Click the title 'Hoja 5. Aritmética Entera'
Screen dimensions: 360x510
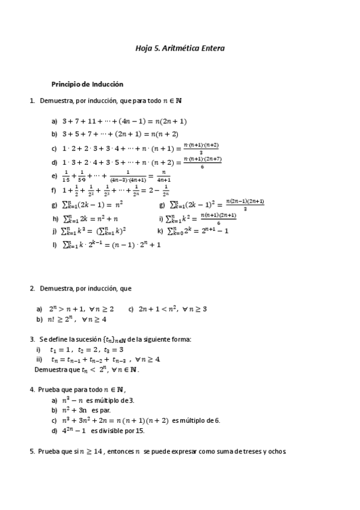tap(180, 48)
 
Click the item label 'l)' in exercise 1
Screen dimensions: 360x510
tap(55, 245)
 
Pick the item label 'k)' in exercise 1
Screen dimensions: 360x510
tap(160, 230)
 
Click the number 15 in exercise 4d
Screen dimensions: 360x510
tap(139, 431)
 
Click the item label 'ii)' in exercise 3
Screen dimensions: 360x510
tap(39, 360)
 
